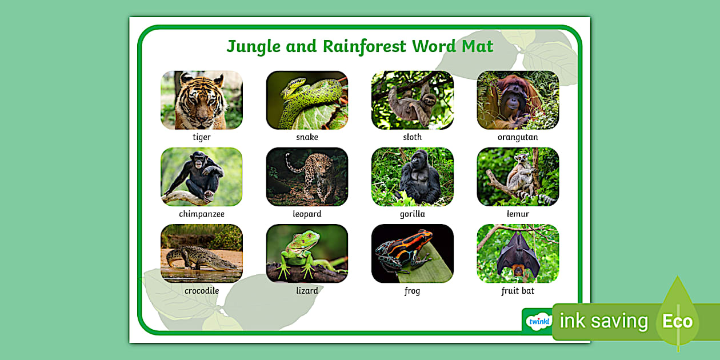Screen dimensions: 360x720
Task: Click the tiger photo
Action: (x=201, y=100)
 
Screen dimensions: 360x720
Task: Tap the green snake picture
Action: (x=307, y=100)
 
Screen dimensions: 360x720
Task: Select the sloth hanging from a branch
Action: (x=412, y=100)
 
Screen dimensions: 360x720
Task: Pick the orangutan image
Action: (x=518, y=100)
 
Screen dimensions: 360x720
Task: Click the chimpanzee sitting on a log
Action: (x=201, y=177)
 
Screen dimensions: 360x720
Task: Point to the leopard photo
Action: (x=307, y=177)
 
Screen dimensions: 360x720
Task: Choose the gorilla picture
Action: (x=412, y=177)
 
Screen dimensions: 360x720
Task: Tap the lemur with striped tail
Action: (x=518, y=177)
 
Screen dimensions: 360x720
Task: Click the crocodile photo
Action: (x=201, y=253)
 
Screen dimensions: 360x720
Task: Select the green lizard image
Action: (x=307, y=253)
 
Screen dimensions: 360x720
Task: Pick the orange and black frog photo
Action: (x=412, y=253)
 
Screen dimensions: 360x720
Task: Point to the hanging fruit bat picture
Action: (x=518, y=253)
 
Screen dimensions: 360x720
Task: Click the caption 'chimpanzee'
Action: (x=201, y=214)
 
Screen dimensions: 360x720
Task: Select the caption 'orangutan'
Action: (x=518, y=138)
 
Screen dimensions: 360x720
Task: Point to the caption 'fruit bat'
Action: (x=518, y=291)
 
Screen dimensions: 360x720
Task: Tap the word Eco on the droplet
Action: (x=677, y=321)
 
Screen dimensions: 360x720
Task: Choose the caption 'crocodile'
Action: (x=201, y=291)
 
